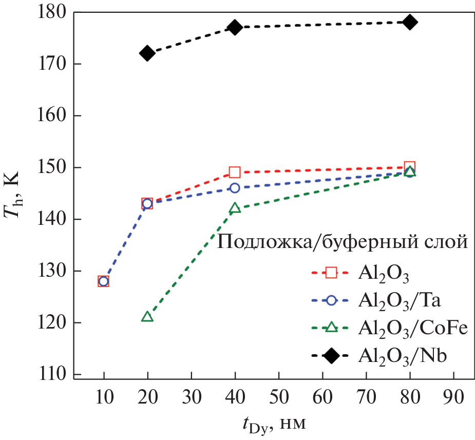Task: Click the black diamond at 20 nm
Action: point(147,53)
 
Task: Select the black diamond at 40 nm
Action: point(235,27)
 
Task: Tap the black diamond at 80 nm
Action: point(409,22)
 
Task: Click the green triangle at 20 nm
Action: point(147,316)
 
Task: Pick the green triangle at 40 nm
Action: point(235,208)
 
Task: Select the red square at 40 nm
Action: point(235,172)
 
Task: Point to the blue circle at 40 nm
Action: point(235,188)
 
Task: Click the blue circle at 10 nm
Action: point(104,281)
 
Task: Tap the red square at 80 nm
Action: point(409,167)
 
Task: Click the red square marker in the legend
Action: point(331,273)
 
